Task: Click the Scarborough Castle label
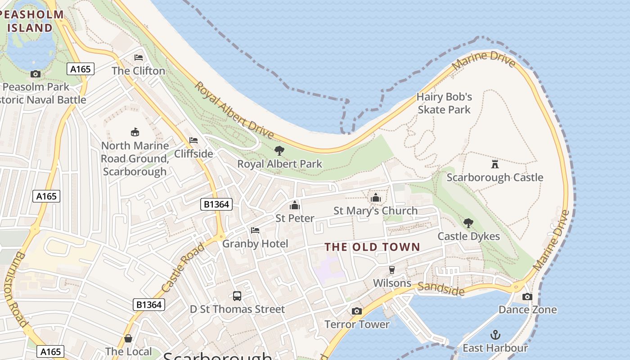pyautogui.click(x=495, y=177)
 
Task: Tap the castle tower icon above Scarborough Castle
pyautogui.click(x=495, y=164)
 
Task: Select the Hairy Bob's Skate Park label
pyautogui.click(x=444, y=103)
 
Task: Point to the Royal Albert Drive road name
pyautogui.click(x=234, y=110)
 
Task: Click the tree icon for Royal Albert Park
pyautogui.click(x=279, y=150)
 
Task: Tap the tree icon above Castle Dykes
pyautogui.click(x=468, y=223)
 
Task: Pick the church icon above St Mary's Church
pyautogui.click(x=375, y=198)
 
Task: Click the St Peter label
pyautogui.click(x=295, y=218)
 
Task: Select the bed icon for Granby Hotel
pyautogui.click(x=255, y=230)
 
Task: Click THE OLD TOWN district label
pyautogui.click(x=372, y=247)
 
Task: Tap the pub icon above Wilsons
pyautogui.click(x=392, y=270)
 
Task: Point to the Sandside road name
pyautogui.click(x=441, y=289)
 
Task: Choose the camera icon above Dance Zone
pyautogui.click(x=527, y=297)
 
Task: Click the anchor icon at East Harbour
pyautogui.click(x=495, y=335)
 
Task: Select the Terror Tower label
pyautogui.click(x=357, y=324)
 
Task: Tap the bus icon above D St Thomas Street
pyautogui.click(x=237, y=296)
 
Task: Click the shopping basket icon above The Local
pyautogui.click(x=128, y=338)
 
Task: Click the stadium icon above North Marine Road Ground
pyautogui.click(x=135, y=132)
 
